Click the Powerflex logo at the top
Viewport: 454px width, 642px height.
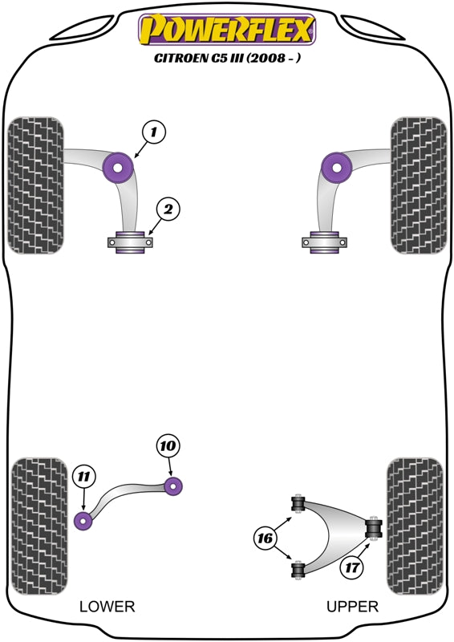(227, 30)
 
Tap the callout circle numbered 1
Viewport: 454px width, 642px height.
(155, 132)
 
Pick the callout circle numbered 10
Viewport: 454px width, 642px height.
(169, 445)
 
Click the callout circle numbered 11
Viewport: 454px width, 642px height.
(83, 478)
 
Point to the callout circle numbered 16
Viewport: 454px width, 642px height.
(265, 538)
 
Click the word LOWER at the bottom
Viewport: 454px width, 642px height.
(107, 606)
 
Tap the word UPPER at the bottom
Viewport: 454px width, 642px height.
(352, 606)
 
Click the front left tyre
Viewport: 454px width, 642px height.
(35, 185)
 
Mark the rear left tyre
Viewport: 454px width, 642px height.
(38, 524)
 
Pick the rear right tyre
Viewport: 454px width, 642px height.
(415, 524)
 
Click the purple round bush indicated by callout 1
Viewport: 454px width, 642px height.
(120, 167)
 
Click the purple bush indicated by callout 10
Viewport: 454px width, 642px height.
(174, 485)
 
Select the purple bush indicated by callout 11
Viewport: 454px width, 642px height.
(83, 520)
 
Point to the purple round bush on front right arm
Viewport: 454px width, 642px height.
(336, 167)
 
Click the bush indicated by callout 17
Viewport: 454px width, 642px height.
(373, 529)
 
